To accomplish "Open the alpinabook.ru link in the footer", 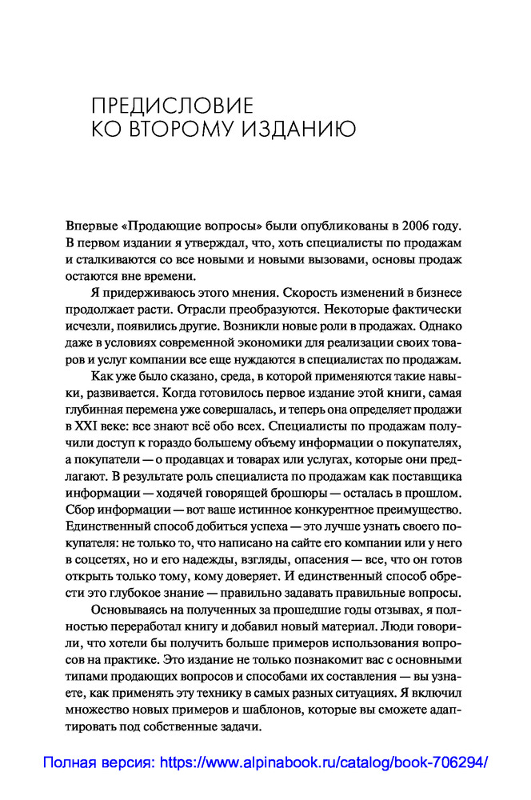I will (324, 762).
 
